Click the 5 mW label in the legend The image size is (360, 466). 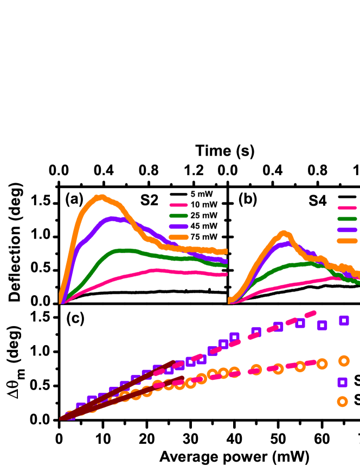click(x=202, y=194)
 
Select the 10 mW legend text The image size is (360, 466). click(x=204, y=205)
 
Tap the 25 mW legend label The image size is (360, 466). click(x=204, y=216)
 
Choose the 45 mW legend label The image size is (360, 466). click(x=204, y=226)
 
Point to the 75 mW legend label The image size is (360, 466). click(x=204, y=237)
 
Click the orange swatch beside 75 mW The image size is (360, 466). click(x=179, y=237)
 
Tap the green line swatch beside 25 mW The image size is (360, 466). click(x=179, y=216)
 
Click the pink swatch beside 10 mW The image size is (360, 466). click(x=179, y=205)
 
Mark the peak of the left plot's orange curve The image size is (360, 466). click(x=99, y=197)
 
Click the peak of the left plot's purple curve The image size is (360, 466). click(x=112, y=219)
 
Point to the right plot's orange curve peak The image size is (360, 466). click(x=283, y=234)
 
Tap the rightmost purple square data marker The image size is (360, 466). click(x=344, y=320)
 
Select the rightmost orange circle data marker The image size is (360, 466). click(x=344, y=360)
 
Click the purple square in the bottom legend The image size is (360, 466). click(x=342, y=382)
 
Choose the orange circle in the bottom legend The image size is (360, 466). click(x=342, y=401)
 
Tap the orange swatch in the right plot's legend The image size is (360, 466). click(x=348, y=241)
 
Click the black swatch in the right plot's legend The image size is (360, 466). click(x=348, y=196)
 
